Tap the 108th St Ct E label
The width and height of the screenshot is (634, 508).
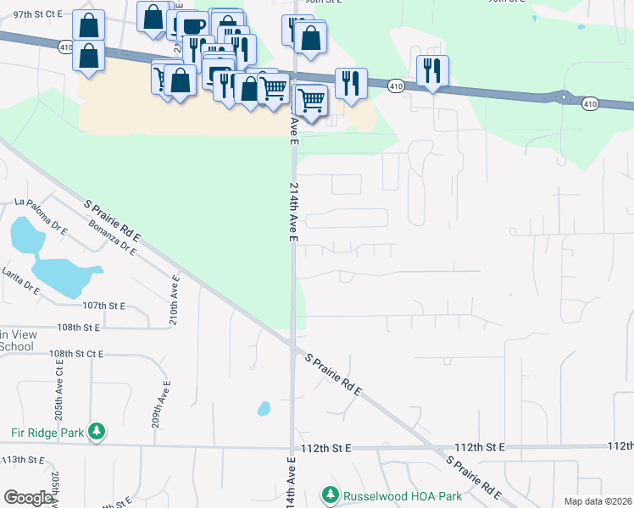[x=76, y=353]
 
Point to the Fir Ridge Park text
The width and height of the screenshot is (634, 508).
[x=47, y=433]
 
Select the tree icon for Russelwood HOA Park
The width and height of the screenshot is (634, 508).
[x=330, y=494]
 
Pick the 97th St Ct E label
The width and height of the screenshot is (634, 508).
[x=39, y=15]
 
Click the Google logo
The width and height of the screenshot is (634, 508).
[x=28, y=498]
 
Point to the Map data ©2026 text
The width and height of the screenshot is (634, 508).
[x=597, y=501]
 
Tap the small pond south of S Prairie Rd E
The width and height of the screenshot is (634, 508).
[x=264, y=409]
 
